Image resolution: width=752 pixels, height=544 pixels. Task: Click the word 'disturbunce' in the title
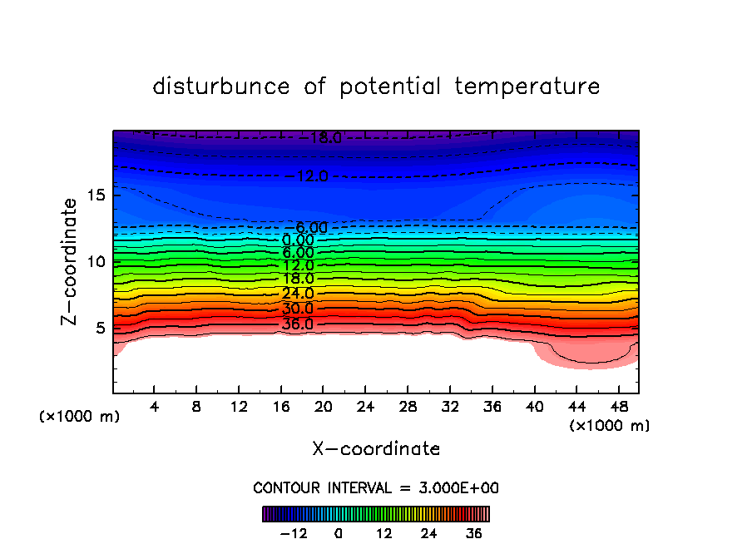coord(221,87)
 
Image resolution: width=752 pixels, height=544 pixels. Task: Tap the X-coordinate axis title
coord(376,449)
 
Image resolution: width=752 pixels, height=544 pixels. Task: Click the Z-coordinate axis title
coord(72,261)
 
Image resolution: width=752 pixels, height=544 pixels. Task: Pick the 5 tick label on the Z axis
coord(99,328)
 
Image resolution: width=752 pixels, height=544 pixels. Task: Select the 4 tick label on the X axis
coord(155,407)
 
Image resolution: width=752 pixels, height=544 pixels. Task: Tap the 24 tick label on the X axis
coord(365,407)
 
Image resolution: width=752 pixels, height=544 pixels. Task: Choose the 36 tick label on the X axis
coord(492,407)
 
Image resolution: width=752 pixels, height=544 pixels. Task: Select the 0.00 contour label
coord(298,240)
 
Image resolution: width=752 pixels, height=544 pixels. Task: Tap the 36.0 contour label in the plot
coord(298,324)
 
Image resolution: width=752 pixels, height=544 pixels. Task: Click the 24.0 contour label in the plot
coord(298,294)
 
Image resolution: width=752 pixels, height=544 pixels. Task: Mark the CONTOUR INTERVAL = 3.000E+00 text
coord(376,487)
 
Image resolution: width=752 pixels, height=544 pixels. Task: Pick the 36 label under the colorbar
coord(474,533)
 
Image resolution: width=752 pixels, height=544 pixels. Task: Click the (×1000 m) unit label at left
coord(80,417)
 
